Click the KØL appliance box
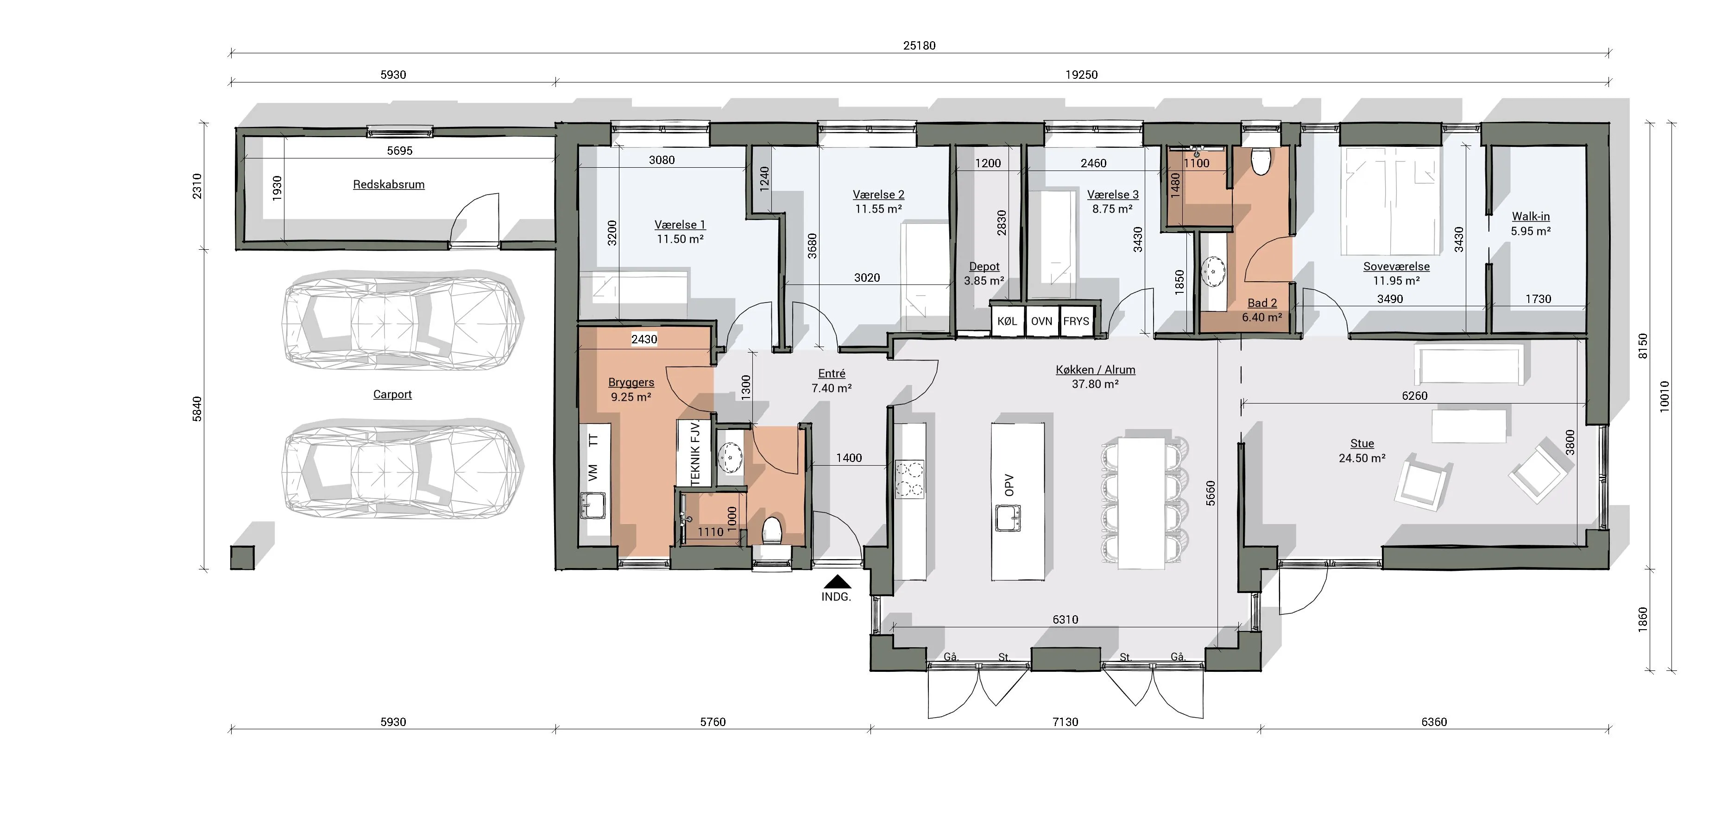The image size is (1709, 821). point(1007,321)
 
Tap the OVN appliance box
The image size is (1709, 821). point(1041,321)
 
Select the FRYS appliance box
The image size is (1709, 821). point(1076,321)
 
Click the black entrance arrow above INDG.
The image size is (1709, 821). point(837,581)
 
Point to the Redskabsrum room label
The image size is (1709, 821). point(389,184)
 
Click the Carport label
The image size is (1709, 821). point(392,394)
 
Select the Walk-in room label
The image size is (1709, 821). point(1531,216)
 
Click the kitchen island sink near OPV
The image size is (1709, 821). point(1008,518)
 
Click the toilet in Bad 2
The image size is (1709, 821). point(1261,161)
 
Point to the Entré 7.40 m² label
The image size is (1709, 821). point(831,381)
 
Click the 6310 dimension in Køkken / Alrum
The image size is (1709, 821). point(1066,619)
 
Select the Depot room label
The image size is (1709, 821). point(984,266)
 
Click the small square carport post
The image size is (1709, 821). point(242,557)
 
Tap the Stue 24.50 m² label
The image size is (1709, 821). point(1362,451)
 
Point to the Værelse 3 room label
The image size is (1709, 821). point(1113,195)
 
